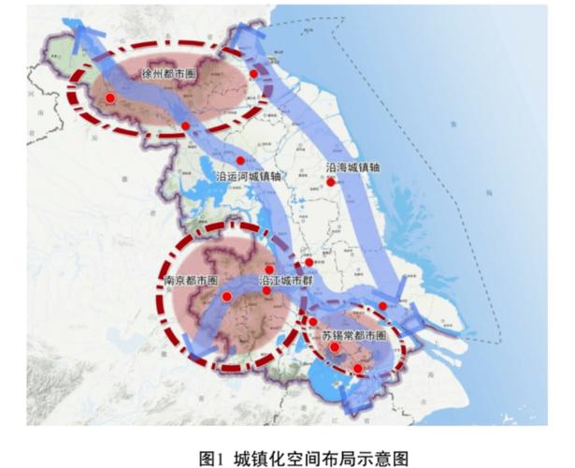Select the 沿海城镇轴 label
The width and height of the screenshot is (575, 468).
click(x=352, y=168)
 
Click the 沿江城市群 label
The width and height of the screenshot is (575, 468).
click(x=287, y=280)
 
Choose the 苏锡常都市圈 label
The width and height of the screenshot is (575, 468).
click(x=347, y=334)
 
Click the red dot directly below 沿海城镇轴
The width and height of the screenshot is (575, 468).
click(x=330, y=183)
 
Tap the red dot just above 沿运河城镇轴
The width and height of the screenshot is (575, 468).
click(x=240, y=161)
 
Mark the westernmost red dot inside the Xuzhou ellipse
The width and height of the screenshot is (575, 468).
click(x=109, y=97)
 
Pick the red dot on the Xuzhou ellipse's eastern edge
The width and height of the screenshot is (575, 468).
click(x=253, y=74)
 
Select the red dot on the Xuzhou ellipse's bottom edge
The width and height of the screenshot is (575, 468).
click(x=186, y=126)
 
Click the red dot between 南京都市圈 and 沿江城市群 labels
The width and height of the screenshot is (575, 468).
click(x=227, y=297)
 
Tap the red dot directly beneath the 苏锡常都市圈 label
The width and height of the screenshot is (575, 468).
click(x=334, y=347)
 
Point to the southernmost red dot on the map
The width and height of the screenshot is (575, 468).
click(x=357, y=369)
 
